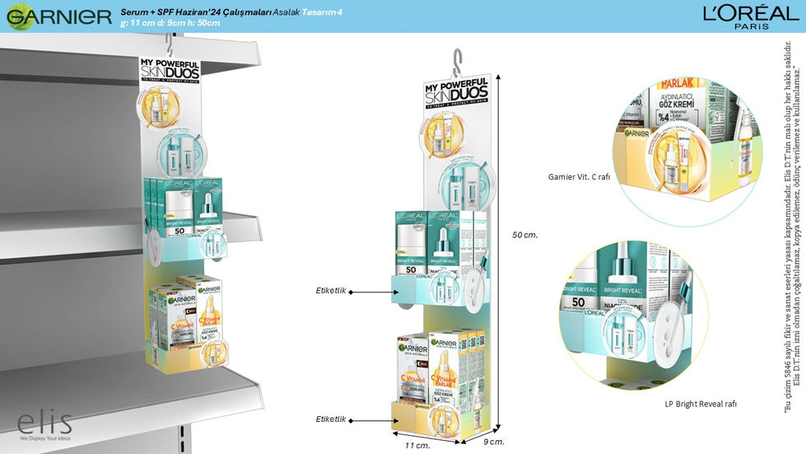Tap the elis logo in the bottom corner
point(44,422)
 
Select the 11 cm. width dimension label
point(417,445)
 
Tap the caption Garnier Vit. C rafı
point(579,176)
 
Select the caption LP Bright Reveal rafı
point(701,405)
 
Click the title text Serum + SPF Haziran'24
point(176,12)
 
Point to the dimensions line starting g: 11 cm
point(170,24)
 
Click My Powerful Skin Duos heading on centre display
point(456,93)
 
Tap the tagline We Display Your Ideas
point(45,438)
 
